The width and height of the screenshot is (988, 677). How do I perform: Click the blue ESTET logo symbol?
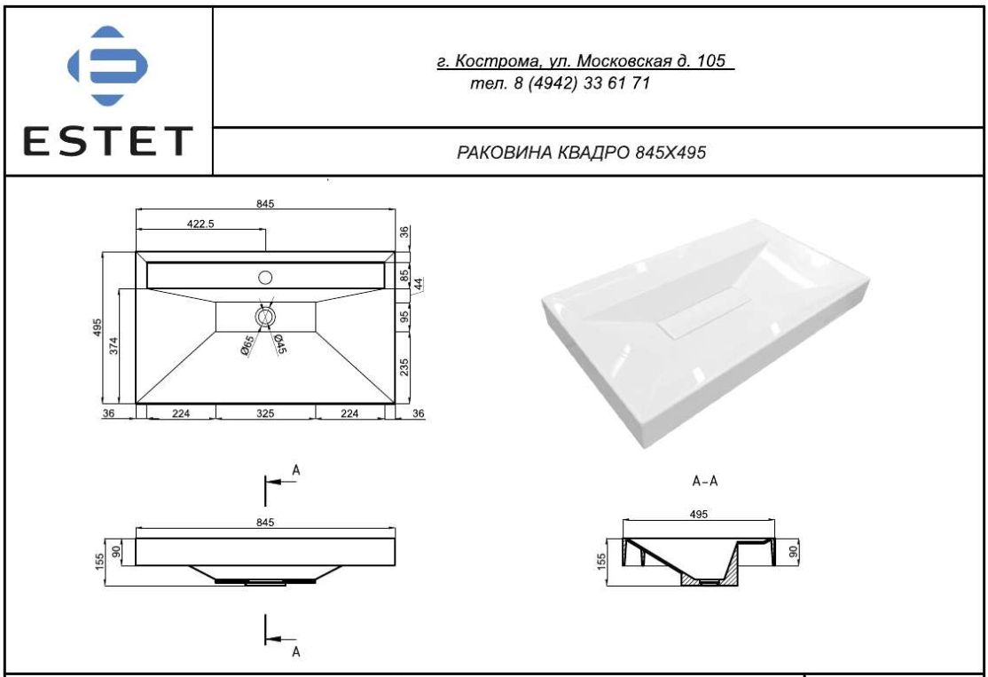click(107, 66)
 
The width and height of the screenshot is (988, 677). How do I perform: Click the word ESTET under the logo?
click(107, 141)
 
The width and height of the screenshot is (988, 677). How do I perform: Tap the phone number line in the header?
click(561, 83)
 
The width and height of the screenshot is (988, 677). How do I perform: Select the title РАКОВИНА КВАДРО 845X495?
click(581, 153)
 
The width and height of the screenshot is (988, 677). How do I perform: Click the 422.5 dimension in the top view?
click(200, 224)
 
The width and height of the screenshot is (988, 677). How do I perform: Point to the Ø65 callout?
click(247, 346)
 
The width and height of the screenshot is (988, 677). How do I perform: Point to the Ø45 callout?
click(279, 342)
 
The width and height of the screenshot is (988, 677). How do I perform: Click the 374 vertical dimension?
click(114, 345)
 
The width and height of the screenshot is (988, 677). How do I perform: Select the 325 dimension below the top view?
click(265, 413)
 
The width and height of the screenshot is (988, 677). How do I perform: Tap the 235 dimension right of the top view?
click(404, 366)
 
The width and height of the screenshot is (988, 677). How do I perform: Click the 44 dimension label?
click(419, 284)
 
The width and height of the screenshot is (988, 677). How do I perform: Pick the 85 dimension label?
click(404, 276)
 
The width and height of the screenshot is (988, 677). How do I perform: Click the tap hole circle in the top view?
click(265, 277)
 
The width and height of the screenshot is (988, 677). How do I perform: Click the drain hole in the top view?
click(265, 317)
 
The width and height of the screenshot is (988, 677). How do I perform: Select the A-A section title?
click(705, 482)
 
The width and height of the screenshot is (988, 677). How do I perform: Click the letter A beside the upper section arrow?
click(295, 470)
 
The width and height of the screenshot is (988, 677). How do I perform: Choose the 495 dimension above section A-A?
click(699, 515)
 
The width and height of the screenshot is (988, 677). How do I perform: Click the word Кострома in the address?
click(498, 61)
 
